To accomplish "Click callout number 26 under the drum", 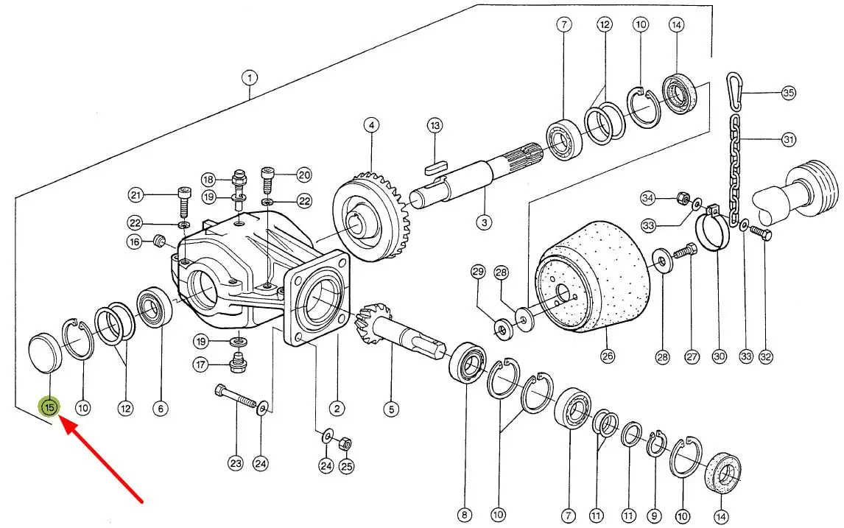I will click(x=608, y=357).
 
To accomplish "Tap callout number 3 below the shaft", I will click(x=484, y=221).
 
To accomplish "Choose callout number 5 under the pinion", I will click(x=391, y=408).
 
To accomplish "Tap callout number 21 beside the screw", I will click(x=135, y=195).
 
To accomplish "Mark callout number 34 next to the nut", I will click(x=648, y=197).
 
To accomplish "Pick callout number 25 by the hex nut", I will click(x=346, y=465).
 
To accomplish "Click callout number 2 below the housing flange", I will click(x=337, y=408).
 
